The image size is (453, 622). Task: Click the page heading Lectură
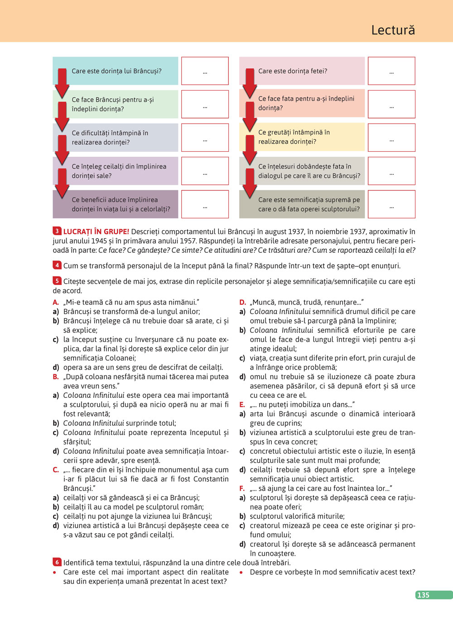point(393,30)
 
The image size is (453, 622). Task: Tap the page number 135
point(423,595)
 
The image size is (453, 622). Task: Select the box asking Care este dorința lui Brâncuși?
point(116,71)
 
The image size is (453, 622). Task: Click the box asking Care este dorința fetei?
point(302,71)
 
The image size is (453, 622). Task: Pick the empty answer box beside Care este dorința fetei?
point(391,71)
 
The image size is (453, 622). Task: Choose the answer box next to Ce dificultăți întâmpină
point(205,138)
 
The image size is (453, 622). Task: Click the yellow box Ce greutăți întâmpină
point(302,137)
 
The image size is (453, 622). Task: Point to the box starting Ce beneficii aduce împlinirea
point(116,204)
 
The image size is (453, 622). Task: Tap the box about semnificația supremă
point(302,204)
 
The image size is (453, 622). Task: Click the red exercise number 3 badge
point(57,231)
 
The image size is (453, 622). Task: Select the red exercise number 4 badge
point(57,265)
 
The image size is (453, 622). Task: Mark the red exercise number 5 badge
point(57,281)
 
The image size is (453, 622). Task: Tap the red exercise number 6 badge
point(57,562)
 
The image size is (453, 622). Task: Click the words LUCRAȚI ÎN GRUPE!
point(96,231)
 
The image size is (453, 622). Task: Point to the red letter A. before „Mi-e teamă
point(56,302)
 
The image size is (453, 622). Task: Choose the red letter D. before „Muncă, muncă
point(242,302)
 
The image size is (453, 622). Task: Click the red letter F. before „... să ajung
point(242,488)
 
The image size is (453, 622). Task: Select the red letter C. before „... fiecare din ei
point(56,470)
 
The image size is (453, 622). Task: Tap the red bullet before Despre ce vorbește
point(241,573)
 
